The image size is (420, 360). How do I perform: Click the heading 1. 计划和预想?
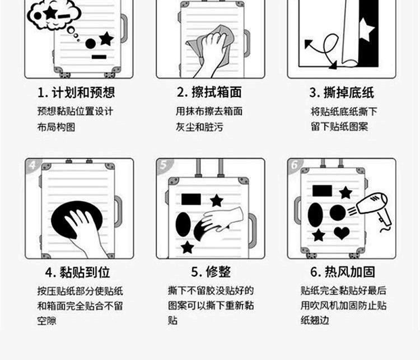76,92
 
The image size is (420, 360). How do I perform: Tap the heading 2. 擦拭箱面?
209,92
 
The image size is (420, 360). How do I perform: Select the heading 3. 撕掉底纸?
342,93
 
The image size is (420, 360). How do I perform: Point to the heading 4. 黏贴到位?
77,273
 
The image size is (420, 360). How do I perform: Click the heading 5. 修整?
211,272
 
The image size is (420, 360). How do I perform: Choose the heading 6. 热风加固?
343,272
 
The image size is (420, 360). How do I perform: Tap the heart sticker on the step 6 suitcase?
342,232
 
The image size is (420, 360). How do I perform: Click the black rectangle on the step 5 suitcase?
191,199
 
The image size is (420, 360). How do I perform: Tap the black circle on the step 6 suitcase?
338,213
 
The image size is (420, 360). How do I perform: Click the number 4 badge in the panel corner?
32,165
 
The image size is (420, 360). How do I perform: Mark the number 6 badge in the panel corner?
295,165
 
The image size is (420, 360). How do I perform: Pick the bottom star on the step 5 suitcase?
187,247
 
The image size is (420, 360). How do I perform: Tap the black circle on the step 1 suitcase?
91,44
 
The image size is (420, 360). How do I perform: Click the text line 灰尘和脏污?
199,127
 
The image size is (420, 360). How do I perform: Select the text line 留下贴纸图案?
339,127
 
